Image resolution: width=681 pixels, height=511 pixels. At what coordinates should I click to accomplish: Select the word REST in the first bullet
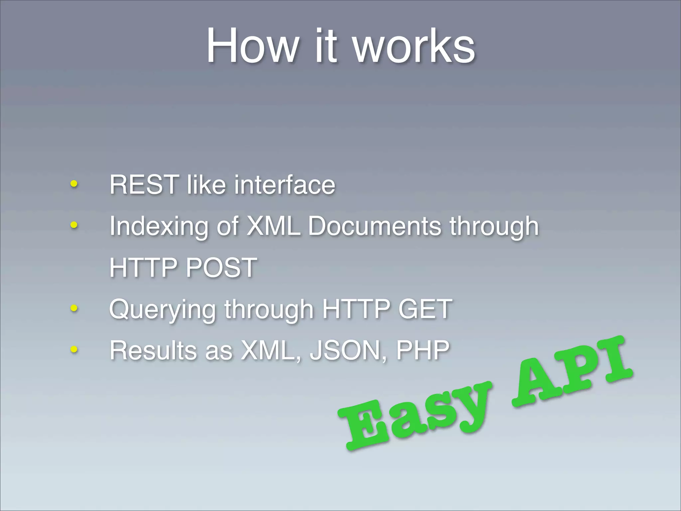144,185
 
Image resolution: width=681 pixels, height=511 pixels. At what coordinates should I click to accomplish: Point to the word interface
285,185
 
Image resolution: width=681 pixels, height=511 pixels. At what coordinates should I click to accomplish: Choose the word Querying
162,309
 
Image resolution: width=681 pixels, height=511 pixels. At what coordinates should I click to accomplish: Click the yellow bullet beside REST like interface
74,184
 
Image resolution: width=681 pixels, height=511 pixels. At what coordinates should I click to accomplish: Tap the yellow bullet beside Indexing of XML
74,225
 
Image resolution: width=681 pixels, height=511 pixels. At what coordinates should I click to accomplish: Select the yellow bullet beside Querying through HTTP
74,308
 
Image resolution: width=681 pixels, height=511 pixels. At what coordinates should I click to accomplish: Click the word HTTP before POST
143,267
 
